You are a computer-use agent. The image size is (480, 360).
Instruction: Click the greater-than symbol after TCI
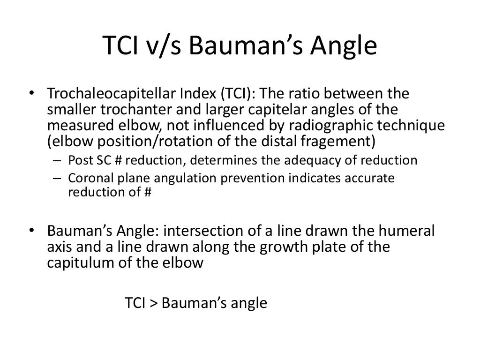point(154,303)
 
